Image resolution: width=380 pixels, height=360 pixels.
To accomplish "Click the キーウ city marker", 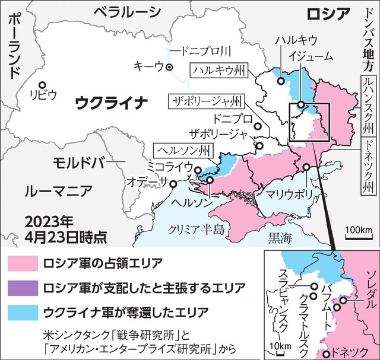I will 169,67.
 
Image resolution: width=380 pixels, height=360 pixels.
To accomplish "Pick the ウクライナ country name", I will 111,103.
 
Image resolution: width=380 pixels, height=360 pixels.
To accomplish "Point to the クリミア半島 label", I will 196,228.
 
